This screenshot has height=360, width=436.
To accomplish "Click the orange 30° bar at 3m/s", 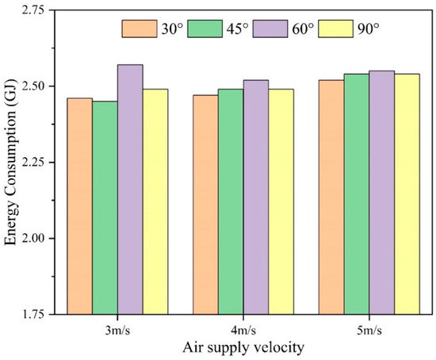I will [79, 206].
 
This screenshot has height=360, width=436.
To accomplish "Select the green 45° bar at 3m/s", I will [105, 208].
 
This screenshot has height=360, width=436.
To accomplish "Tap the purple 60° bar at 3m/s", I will [130, 190].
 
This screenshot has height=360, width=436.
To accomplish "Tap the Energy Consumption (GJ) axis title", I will [11, 163].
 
